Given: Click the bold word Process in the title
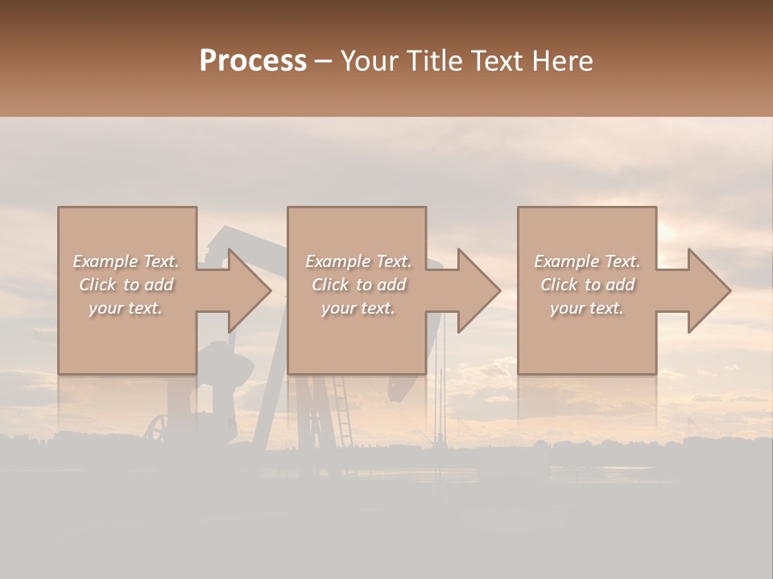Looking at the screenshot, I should (253, 61).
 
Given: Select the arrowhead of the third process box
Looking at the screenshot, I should (709, 290).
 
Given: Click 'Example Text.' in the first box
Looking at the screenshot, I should (126, 261).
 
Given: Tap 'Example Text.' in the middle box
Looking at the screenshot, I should (358, 261).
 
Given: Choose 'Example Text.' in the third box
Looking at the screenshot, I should (587, 261).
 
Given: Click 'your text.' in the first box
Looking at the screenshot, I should (126, 308).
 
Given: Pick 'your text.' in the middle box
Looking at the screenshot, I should (358, 308).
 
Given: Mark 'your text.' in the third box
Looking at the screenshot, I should (587, 308).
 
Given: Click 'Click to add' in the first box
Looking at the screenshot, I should (126, 285).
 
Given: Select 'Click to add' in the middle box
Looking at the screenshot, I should (358, 285).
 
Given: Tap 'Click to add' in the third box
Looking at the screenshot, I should (587, 285).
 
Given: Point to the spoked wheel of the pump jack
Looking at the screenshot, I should (158, 428).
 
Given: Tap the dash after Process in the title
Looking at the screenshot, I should (323, 61).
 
